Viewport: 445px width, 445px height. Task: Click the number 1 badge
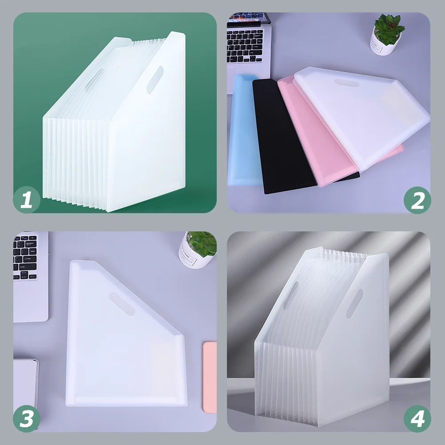(27, 200)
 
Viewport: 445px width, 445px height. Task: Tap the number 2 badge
(417, 200)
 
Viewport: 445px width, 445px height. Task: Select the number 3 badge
(27, 419)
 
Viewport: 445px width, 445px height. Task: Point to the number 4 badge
(417, 419)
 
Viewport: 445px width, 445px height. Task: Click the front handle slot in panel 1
(155, 80)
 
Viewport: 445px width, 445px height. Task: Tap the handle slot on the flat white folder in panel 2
(347, 83)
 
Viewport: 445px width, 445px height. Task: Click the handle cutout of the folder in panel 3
(122, 304)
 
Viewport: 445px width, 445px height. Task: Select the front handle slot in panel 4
(355, 303)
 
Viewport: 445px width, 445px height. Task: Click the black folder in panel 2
(284, 136)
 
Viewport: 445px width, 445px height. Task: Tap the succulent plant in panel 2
(389, 29)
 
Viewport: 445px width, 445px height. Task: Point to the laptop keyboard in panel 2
(245, 45)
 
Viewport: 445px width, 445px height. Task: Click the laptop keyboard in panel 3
(25, 257)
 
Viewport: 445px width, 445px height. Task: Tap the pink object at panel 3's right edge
(210, 377)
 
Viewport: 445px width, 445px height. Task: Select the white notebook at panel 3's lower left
(26, 385)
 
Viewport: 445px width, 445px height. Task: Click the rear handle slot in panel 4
(290, 296)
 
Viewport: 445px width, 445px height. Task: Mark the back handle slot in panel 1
(95, 79)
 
